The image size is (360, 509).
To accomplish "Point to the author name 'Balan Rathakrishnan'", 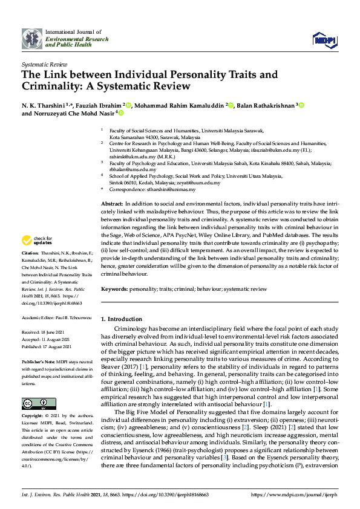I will point(265,105).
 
